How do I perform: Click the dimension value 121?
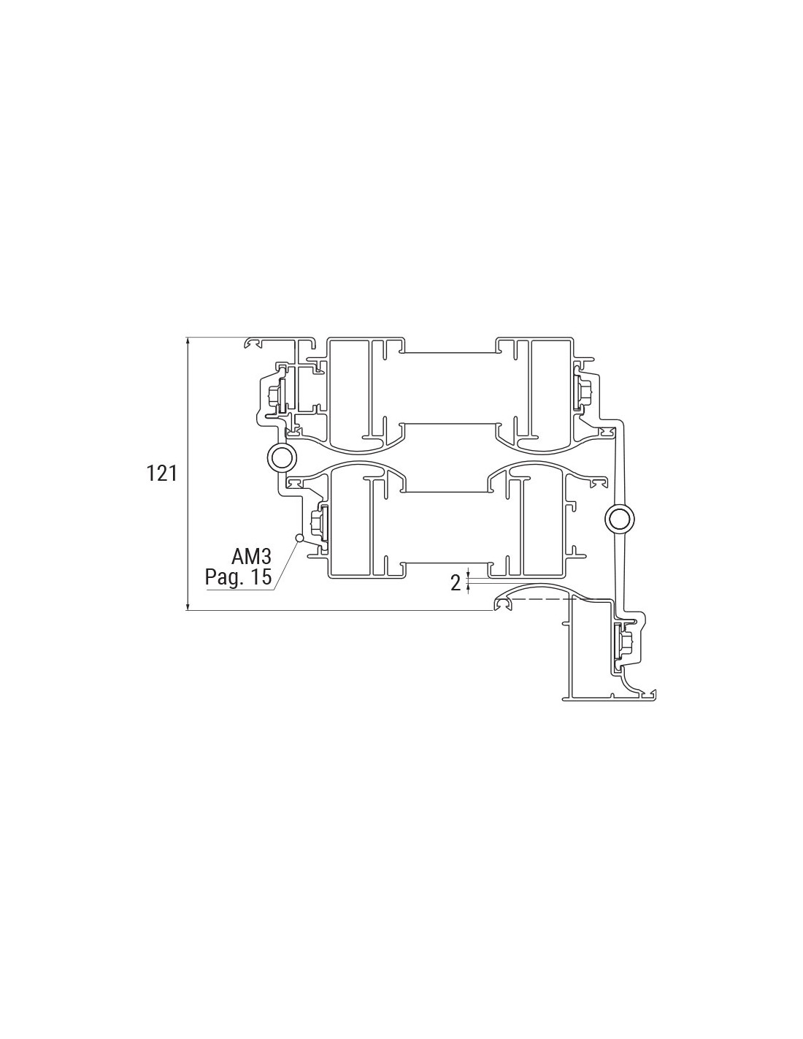(161, 473)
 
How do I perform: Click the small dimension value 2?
(456, 583)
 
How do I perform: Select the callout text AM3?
(251, 557)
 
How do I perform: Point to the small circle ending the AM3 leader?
(299, 538)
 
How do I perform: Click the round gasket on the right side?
(620, 518)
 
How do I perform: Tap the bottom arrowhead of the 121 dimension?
(188, 606)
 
